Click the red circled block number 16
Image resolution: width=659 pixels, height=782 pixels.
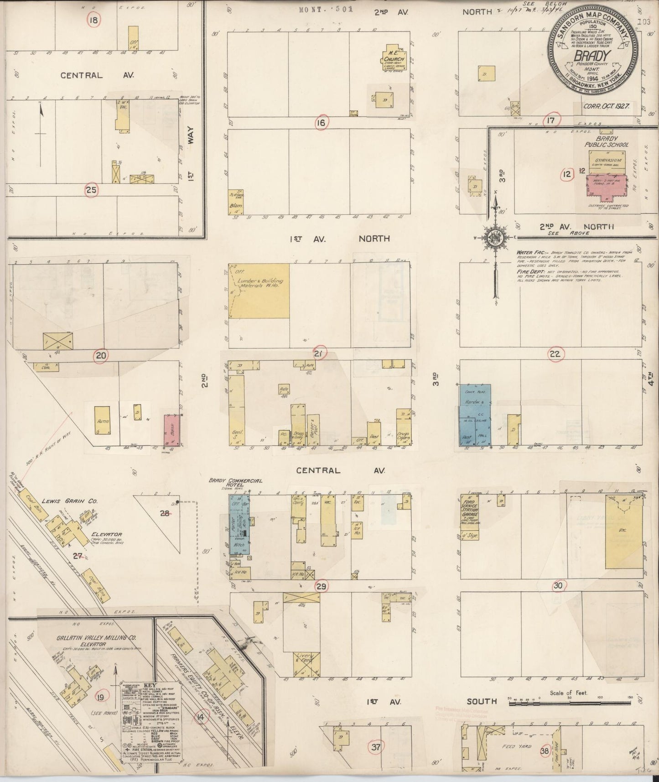322,122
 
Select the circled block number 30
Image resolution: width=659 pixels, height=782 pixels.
558,586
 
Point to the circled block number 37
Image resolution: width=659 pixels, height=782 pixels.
376,747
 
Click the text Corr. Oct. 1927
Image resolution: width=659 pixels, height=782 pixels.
606,106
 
